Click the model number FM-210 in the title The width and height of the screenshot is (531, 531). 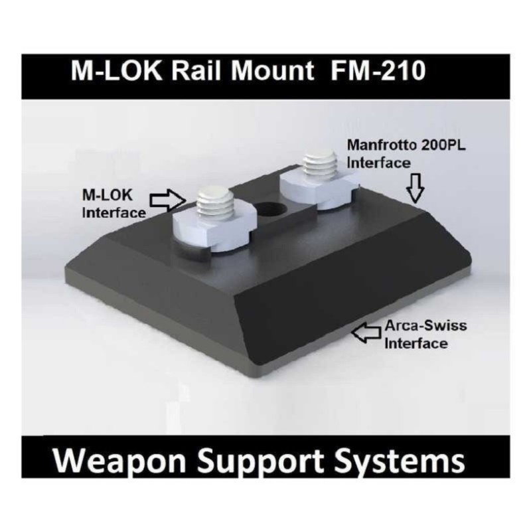point(378,71)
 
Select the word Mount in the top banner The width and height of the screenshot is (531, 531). point(273,71)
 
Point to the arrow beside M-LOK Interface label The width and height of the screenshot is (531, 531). point(168,200)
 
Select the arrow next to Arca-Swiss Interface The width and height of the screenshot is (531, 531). point(366,333)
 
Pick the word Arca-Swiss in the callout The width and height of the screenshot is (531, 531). point(425,326)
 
